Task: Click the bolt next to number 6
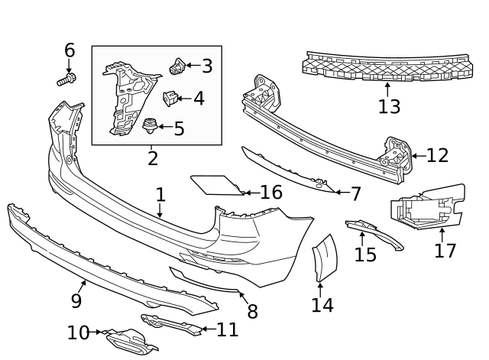pyautogui.click(x=65, y=78)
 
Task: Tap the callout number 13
pyautogui.click(x=389, y=106)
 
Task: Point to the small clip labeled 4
pyautogui.click(x=171, y=98)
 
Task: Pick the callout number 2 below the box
pyautogui.click(x=153, y=159)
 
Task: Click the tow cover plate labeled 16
pyautogui.click(x=215, y=184)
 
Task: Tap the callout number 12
pyautogui.click(x=437, y=156)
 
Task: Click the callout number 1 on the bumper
pyautogui.click(x=160, y=194)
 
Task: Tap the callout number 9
pyautogui.click(x=76, y=301)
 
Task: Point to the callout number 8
pyautogui.click(x=251, y=311)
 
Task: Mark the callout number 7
pyautogui.click(x=355, y=194)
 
